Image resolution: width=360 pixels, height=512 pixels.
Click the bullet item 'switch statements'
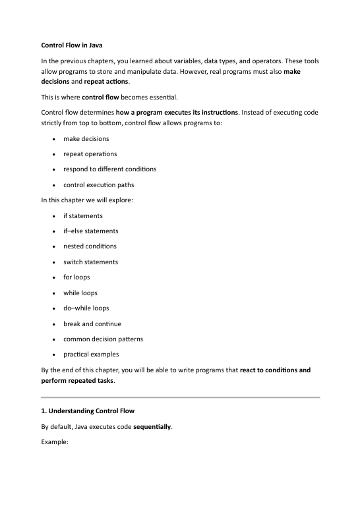pyautogui.click(x=90, y=262)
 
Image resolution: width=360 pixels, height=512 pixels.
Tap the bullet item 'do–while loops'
pyautogui.click(x=86, y=308)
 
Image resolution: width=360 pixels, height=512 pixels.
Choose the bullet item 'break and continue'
pyautogui.click(x=92, y=324)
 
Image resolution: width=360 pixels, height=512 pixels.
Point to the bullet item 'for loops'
pyautogui.click(x=76, y=277)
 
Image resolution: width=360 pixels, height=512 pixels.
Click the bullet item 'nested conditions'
pyautogui.click(x=90, y=246)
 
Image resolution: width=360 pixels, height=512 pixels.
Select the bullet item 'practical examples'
pyautogui.click(x=91, y=355)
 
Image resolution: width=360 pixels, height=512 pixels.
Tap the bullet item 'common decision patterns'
pyautogui.click(x=103, y=339)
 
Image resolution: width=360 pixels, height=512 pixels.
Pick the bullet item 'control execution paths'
pyautogui.click(x=98, y=185)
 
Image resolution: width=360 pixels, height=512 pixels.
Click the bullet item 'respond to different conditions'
pyautogui.click(x=109, y=169)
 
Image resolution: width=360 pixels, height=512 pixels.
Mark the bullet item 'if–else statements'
pyautogui.click(x=91, y=231)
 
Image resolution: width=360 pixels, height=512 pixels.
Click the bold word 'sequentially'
pyautogui.click(x=152, y=426)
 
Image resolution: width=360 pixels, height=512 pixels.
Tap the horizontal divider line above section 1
pyautogui.click(x=180, y=397)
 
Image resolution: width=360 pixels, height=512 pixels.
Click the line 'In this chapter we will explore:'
pyautogui.click(x=87, y=200)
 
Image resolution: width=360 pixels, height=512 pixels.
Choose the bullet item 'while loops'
pyautogui.click(x=80, y=293)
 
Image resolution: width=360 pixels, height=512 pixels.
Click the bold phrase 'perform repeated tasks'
pyautogui.click(x=76, y=380)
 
